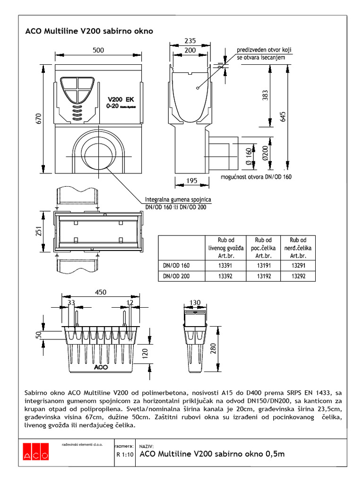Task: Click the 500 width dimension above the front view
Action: tap(98, 50)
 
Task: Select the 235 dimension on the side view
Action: tap(190, 41)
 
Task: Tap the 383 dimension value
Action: tap(265, 96)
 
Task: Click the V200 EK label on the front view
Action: tap(121, 99)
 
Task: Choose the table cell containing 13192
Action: tap(264, 276)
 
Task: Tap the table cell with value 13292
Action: tap(298, 276)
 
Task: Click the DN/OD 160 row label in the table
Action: tap(176, 266)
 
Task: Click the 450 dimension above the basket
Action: tap(101, 293)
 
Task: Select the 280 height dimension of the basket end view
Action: tap(214, 348)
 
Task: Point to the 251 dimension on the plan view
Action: tap(40, 231)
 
